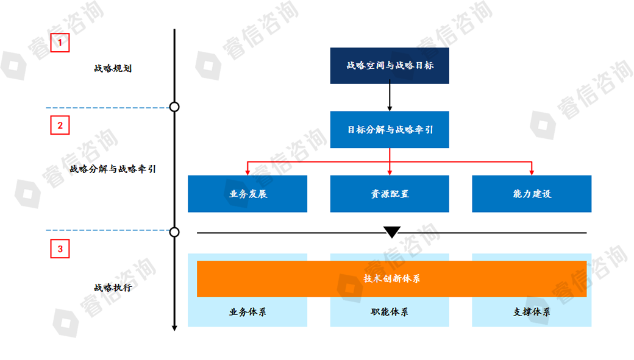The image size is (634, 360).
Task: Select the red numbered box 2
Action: point(60,125)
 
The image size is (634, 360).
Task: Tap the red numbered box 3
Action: point(60,249)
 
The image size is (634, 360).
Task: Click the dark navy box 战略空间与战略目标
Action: point(390,65)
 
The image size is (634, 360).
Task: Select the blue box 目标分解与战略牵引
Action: point(390,129)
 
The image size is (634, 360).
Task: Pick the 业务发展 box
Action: point(248,194)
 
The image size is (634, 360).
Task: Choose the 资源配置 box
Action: point(390,194)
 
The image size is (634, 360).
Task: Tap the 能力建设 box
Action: point(532,194)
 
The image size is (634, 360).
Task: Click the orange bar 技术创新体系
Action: point(391,278)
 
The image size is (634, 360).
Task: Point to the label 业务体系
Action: point(248,312)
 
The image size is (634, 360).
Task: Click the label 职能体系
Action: point(390,312)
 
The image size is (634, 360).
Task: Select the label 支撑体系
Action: point(532,312)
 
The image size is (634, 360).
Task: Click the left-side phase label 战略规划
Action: point(113,68)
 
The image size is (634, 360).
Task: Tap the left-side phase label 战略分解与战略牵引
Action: point(113,169)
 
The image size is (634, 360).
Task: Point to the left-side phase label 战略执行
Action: point(113,288)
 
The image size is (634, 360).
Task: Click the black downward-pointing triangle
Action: point(392,232)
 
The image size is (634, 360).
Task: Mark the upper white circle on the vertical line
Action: point(174,107)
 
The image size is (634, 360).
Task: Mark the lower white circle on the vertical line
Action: point(174,232)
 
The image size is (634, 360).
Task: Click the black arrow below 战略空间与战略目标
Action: point(390,97)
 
